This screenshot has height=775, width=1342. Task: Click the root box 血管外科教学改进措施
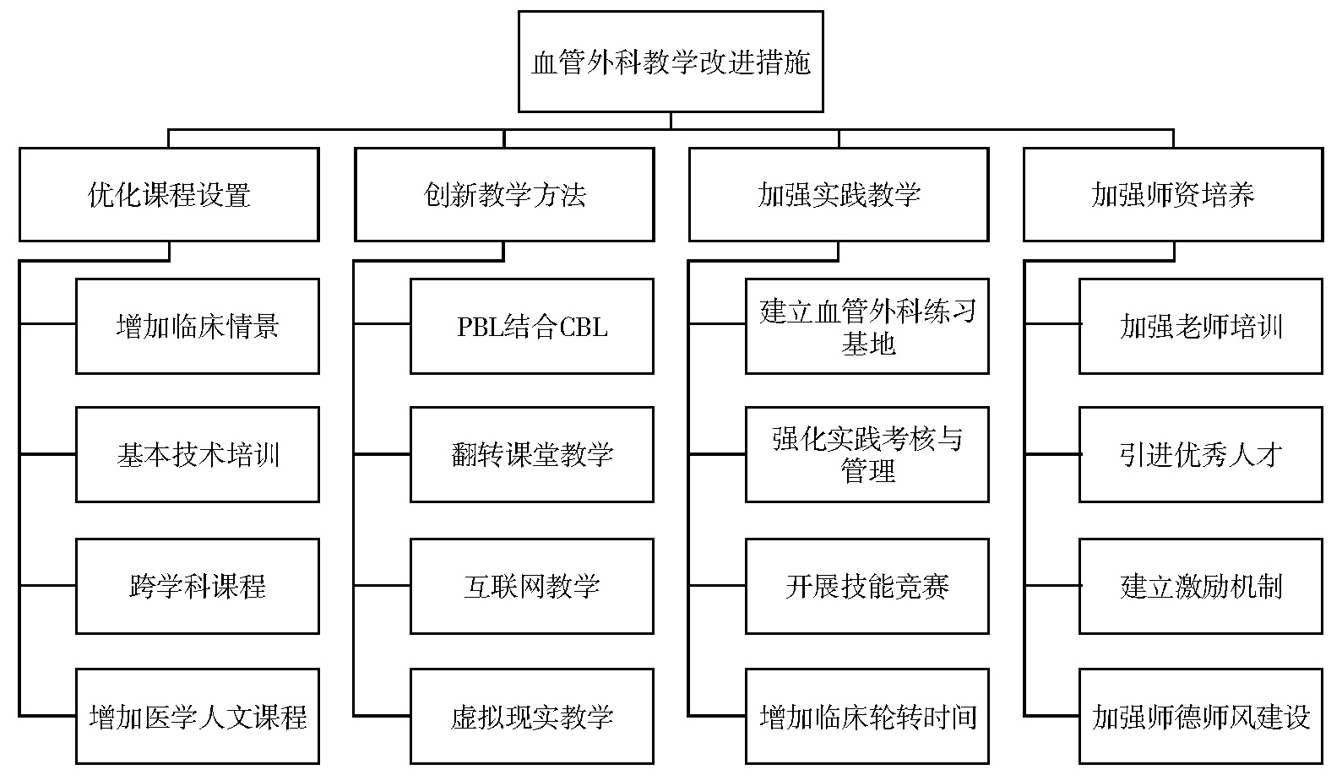pos(671,62)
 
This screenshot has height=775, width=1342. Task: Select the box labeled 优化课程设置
pos(169,195)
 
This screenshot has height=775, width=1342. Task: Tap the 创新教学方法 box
pos(504,195)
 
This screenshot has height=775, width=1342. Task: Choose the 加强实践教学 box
pos(839,195)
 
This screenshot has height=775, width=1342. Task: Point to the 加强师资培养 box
pos(1173,195)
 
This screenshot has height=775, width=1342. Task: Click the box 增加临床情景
pos(197,327)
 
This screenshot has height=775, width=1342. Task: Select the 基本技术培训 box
pos(197,454)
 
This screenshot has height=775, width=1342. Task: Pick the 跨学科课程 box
pos(197,587)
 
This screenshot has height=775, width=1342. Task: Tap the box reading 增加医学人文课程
pos(197,716)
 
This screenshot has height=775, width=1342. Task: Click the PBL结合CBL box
pos(532,327)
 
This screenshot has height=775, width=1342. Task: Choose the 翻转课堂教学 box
pos(532,454)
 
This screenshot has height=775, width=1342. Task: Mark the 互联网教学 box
pos(532,587)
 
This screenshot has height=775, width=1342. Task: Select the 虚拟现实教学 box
pos(532,716)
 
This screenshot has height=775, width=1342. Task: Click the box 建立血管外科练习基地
pos(867,327)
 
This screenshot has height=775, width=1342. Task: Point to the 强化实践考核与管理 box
pos(867,454)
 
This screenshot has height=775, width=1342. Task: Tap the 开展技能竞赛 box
pos(867,587)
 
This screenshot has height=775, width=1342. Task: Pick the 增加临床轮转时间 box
pos(867,716)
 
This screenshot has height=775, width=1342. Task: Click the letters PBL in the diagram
pos(478,327)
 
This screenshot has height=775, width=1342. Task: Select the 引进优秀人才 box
pos(1201,454)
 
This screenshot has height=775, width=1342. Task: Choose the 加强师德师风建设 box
pos(1201,716)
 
